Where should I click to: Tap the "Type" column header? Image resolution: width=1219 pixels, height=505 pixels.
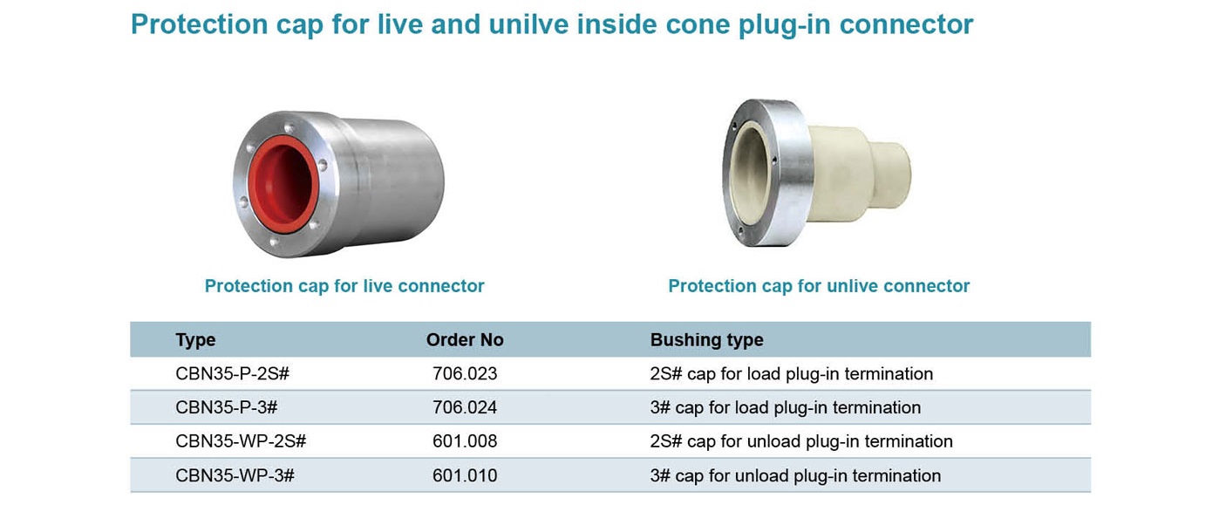point(195,340)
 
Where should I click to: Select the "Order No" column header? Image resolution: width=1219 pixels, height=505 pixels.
point(465,339)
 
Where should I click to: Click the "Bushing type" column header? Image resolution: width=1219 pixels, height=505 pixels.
point(706,340)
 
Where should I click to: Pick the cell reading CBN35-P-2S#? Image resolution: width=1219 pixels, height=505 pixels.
point(232,374)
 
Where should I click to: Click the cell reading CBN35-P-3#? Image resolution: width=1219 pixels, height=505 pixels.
point(227,407)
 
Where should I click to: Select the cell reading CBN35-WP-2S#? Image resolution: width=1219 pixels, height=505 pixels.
point(241,441)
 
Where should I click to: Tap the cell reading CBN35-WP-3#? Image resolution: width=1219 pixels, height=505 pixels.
point(235,475)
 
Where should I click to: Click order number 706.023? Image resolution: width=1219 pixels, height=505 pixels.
point(465,374)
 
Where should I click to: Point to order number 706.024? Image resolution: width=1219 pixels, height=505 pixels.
point(465,407)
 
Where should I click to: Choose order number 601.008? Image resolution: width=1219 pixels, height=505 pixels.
point(465,441)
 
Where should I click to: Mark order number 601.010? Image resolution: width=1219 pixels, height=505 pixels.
point(465,475)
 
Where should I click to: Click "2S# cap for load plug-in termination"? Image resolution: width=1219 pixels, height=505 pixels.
point(791,374)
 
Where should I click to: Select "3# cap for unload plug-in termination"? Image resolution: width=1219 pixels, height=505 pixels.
point(795,476)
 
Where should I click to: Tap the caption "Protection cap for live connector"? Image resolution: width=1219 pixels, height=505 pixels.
point(344,286)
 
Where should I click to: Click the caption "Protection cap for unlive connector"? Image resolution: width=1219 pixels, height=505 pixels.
point(819,286)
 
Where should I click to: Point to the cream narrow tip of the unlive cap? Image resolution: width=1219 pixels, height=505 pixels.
point(889,175)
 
